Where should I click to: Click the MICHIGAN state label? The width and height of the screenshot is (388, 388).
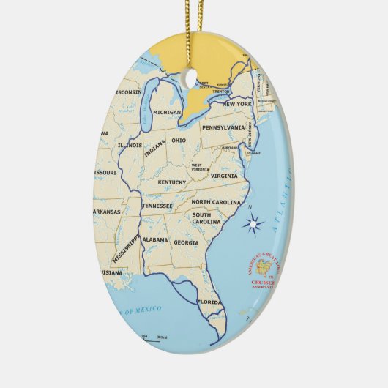[x=167, y=112]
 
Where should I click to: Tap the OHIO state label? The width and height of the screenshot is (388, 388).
[x=179, y=140]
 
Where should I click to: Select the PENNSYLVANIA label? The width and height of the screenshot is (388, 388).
[x=223, y=127]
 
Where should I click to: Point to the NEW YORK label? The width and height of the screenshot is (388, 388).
[x=237, y=104]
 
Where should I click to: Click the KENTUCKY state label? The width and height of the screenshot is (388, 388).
[x=172, y=182]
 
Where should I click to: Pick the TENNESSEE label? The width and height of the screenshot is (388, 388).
[x=157, y=206]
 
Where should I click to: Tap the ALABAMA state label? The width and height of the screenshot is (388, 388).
[x=155, y=239]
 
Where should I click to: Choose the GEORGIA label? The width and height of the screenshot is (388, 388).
[x=186, y=242]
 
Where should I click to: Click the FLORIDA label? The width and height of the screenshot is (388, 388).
[x=209, y=301]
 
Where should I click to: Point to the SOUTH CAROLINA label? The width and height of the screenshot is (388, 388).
[x=206, y=217]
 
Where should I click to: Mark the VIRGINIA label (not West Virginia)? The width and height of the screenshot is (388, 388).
[x=224, y=176]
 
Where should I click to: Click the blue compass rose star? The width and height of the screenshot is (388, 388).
[x=254, y=225]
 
